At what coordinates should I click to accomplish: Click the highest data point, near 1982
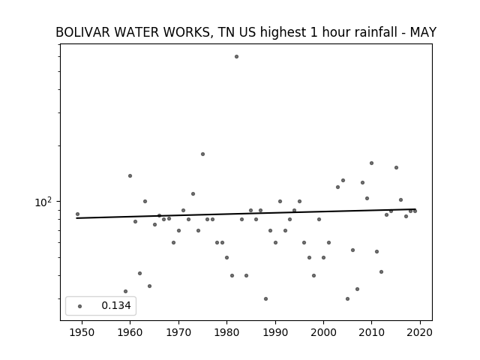(236, 57)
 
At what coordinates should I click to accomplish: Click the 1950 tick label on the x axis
(82, 333)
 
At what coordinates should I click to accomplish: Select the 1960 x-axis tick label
(130, 333)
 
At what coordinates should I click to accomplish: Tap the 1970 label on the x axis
(178, 333)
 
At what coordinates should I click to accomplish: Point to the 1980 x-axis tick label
(226, 333)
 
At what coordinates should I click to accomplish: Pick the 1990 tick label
(275, 333)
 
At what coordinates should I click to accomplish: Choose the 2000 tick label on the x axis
(323, 333)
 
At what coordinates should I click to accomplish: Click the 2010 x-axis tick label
(372, 333)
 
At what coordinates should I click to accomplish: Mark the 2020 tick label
(420, 333)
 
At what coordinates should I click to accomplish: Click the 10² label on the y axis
(43, 202)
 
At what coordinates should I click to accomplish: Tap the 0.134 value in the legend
(116, 305)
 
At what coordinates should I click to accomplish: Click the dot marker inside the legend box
(80, 306)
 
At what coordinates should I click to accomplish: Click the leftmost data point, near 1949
(77, 214)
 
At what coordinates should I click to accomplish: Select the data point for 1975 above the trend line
(202, 154)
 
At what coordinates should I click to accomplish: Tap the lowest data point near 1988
(265, 298)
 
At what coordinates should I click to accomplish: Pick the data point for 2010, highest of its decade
(372, 163)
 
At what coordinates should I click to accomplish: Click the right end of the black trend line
(415, 209)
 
